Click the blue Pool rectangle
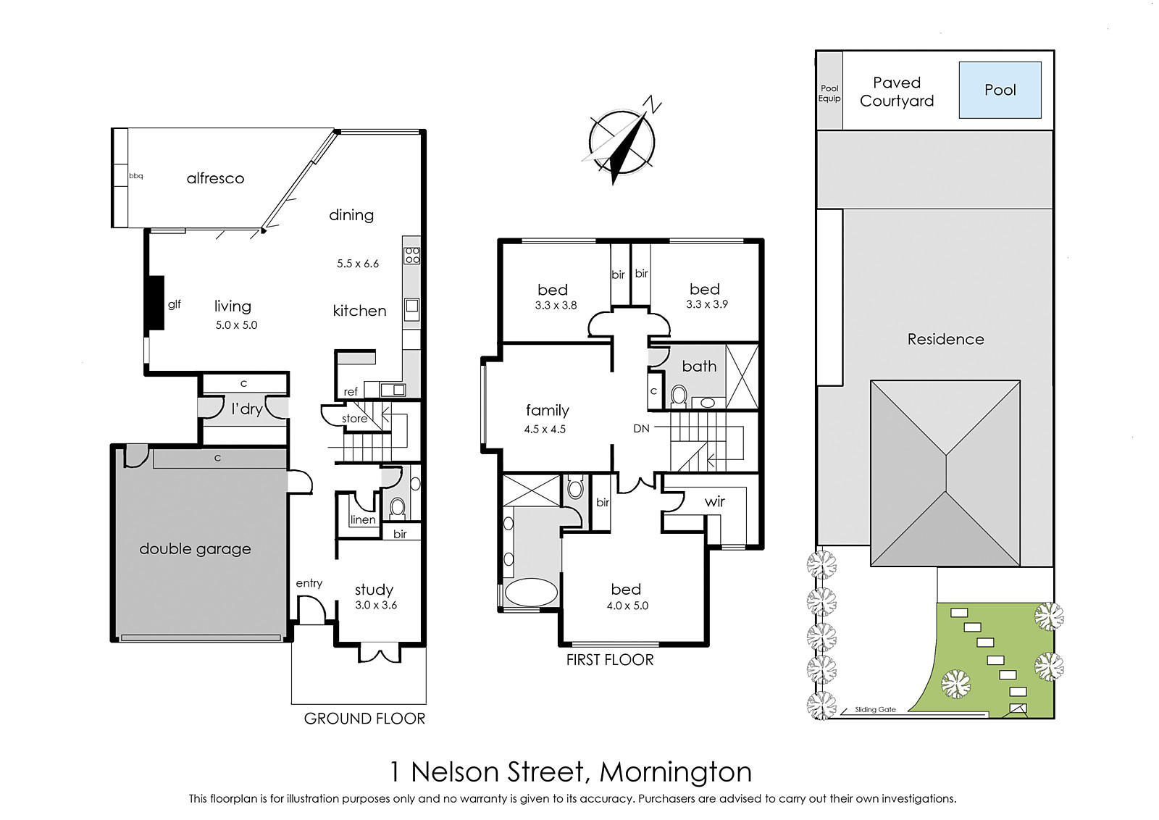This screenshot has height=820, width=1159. (1000, 90)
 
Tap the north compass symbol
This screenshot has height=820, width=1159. (623, 141)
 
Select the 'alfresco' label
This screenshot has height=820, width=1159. (215, 178)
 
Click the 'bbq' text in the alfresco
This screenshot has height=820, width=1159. (136, 176)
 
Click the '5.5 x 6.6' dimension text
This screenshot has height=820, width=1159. (358, 264)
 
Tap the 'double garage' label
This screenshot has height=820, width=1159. (195, 549)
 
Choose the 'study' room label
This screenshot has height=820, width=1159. (374, 590)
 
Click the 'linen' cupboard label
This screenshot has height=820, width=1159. (363, 519)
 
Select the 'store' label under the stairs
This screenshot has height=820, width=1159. (354, 419)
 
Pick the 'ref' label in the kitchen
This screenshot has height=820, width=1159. (351, 392)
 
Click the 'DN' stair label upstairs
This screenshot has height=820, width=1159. (641, 428)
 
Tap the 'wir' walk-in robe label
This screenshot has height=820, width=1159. (714, 501)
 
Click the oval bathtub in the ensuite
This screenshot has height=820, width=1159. (531, 594)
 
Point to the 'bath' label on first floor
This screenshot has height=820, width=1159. (699, 367)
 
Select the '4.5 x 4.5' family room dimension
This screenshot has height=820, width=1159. (544, 430)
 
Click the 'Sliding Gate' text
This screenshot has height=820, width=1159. (875, 710)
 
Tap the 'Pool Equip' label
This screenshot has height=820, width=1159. (829, 93)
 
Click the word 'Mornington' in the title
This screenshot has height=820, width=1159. (675, 771)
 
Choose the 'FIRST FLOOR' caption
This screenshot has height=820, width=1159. (610, 660)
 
